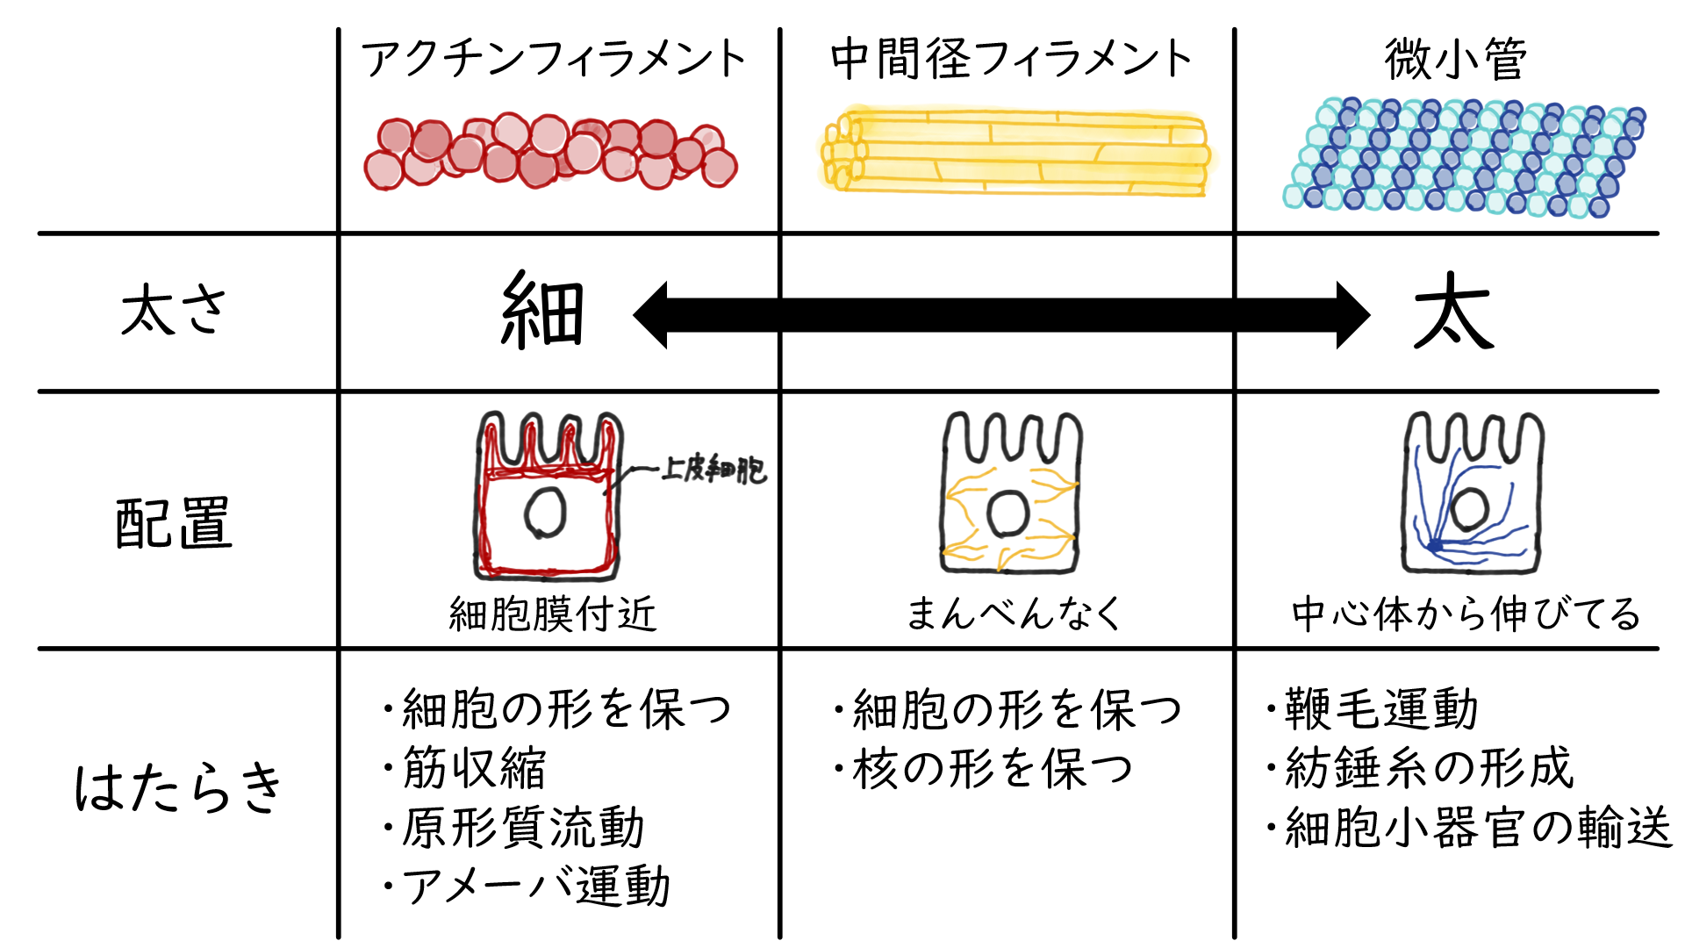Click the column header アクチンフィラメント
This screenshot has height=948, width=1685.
point(553,60)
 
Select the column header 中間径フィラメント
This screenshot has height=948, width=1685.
point(1011,60)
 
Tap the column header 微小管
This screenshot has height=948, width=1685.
point(1456,60)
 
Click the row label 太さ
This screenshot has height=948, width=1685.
point(174,311)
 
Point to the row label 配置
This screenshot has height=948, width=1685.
point(174,523)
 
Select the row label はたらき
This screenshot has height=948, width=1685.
point(179,786)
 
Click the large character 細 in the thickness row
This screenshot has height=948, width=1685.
point(542,312)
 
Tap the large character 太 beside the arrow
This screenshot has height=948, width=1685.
point(1453,312)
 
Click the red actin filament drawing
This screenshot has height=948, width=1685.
point(551,153)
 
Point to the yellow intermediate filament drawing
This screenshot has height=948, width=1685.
point(1015,151)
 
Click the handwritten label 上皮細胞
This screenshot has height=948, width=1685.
point(713,470)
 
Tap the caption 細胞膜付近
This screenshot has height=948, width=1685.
point(552,614)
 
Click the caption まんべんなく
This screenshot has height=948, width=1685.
point(1013,614)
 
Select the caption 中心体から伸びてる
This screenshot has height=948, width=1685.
point(1465,614)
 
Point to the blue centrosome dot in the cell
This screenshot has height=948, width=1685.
point(1434,546)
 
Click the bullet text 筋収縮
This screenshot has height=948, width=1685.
point(474,768)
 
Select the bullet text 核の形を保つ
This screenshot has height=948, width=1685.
point(992,769)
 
